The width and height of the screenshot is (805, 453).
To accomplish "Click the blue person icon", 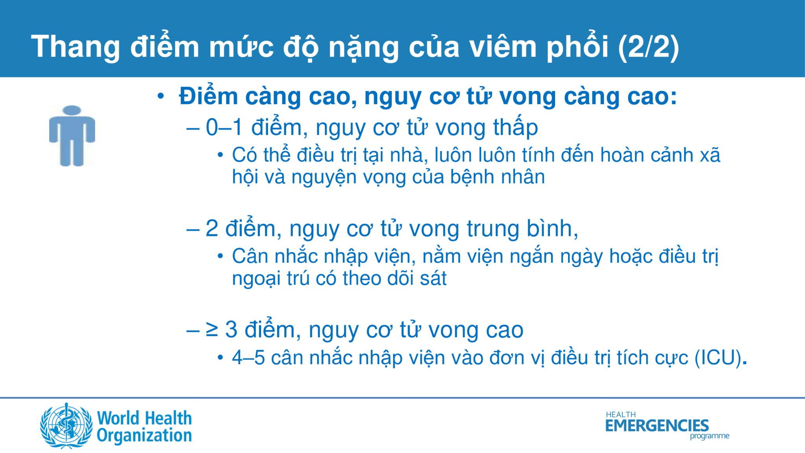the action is point(72,136).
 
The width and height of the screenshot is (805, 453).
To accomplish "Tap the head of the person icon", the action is point(72,110).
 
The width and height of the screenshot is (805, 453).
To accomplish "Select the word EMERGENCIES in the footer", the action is point(657,425).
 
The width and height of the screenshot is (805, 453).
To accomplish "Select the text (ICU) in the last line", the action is point(719,357).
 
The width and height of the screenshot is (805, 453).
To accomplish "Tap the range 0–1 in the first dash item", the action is point(224,127).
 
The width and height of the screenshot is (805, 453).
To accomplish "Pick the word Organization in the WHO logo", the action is point(144,436).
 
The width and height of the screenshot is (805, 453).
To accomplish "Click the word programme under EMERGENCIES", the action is point(709,436).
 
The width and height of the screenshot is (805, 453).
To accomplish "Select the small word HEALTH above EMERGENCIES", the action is point(621,414).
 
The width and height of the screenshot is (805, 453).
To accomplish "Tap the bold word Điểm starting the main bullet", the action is point(209,96).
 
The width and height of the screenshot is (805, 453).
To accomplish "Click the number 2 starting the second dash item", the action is point(212,229).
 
